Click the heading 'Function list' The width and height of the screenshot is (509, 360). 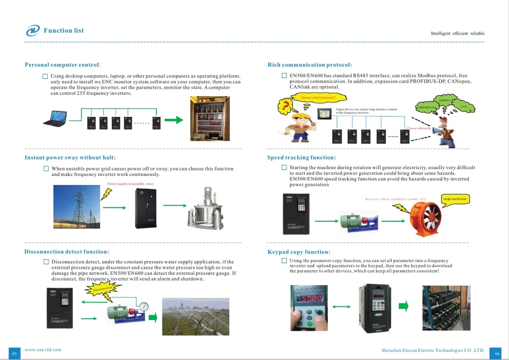point(63,31)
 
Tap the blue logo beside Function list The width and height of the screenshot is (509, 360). point(33,31)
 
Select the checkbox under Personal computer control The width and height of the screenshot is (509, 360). point(45,76)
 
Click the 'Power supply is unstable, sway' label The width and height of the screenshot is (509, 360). point(130,184)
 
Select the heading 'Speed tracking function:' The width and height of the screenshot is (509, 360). point(301,158)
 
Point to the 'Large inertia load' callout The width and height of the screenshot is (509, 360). point(454,199)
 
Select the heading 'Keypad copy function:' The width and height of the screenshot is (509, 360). point(298,252)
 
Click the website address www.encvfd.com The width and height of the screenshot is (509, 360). point(43,350)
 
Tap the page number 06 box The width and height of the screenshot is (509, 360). point(497,353)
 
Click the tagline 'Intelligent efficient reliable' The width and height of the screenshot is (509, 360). point(457,34)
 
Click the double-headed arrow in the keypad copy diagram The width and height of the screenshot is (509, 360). point(341,306)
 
